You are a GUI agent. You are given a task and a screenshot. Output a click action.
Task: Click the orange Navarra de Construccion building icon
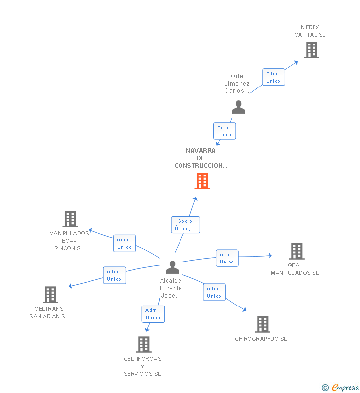[x=202, y=181]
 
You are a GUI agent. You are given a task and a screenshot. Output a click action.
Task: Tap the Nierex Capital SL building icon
[x=311, y=50]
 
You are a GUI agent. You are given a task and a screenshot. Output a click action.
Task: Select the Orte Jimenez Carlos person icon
[x=238, y=107]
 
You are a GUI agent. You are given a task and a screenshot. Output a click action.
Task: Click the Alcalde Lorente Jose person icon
[x=172, y=267]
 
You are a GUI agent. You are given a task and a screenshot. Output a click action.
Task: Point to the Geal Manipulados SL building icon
[x=296, y=251]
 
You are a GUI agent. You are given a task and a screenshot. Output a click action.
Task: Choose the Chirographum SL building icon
[x=263, y=324]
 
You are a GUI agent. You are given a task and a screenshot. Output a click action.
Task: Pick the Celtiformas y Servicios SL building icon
[x=143, y=345]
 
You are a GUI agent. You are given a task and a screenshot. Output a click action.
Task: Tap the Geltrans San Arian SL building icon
[x=50, y=295]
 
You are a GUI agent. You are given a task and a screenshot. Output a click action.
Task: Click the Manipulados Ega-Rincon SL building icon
[x=70, y=219]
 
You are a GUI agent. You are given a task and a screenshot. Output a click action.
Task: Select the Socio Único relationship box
[x=185, y=224]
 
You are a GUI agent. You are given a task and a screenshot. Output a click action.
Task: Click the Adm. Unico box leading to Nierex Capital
[x=273, y=77]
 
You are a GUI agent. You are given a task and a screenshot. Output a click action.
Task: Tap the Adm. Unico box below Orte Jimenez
[x=224, y=131]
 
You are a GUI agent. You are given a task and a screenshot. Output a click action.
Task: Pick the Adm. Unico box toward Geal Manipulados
[x=227, y=258]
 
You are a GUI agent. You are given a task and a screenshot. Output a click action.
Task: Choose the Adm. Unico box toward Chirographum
[x=214, y=292]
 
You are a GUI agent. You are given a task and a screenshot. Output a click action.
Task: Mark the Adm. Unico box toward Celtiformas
[x=153, y=314]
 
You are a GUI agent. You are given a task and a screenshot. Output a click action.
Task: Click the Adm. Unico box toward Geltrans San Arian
[x=114, y=275]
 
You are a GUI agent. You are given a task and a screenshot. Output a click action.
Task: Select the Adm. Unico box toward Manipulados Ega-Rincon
[x=125, y=243]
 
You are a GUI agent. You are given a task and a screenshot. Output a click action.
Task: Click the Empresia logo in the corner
[x=341, y=388]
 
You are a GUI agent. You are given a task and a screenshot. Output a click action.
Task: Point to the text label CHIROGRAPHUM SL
[x=261, y=339]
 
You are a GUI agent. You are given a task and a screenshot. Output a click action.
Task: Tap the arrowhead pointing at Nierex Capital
[x=296, y=62]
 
